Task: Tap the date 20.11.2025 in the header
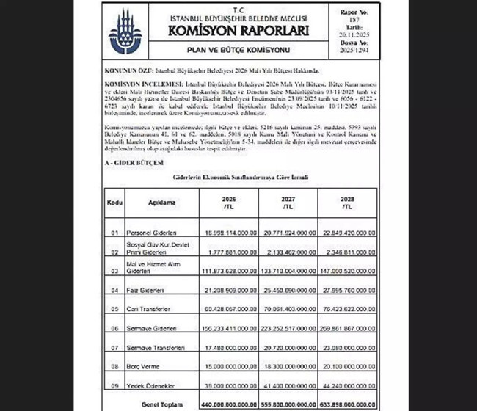tap(356, 34)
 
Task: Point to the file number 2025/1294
tap(356, 54)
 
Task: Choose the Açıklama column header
tap(159, 200)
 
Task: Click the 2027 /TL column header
tap(288, 202)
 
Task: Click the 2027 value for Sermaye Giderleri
tap(288, 330)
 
